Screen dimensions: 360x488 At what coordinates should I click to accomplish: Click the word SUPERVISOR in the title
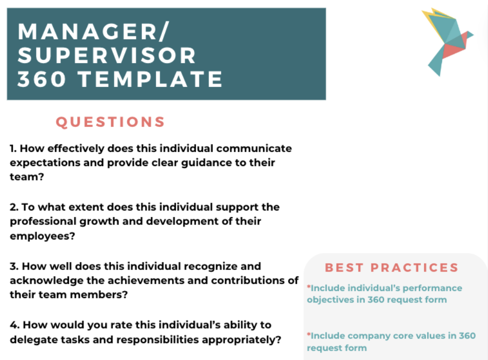tap(107, 55)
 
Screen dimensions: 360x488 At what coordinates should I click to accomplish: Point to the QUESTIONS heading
tap(110, 122)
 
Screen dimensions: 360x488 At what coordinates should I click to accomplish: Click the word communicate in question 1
tap(254, 148)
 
